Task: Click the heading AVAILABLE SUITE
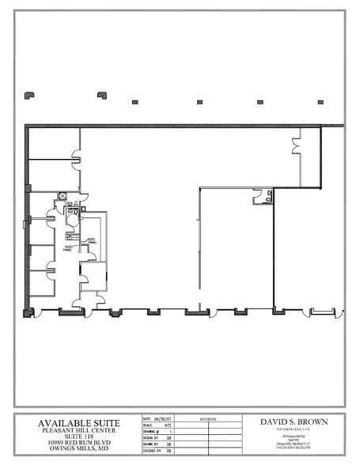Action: tap(78, 423)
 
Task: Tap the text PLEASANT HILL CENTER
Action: tap(78, 430)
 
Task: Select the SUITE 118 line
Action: tap(78, 437)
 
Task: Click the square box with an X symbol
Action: tap(63, 196)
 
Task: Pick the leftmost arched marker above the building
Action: tap(29, 95)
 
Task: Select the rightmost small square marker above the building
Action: tap(320, 102)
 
